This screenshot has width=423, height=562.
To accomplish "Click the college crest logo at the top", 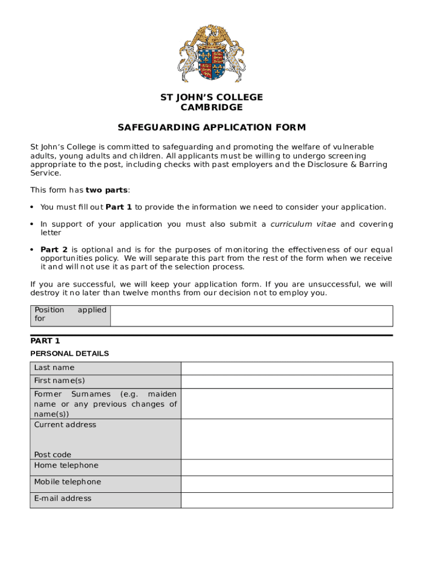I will click(211, 53).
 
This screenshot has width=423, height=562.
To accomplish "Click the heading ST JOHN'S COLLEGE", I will click(211, 97).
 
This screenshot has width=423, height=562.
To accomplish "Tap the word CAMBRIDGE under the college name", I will click(211, 108).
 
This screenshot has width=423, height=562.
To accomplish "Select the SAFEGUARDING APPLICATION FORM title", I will click(211, 128).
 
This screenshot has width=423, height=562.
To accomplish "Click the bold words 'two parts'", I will click(107, 190).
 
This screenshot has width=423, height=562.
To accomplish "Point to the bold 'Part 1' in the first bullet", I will click(119, 207).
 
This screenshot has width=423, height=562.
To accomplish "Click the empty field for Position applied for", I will click(251, 316).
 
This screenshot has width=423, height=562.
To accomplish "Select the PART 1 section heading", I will click(45, 341).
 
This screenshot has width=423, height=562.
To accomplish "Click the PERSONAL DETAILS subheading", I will click(69, 353).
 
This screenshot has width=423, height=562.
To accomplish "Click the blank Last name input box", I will click(287, 368).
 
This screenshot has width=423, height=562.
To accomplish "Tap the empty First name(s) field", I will click(287, 381).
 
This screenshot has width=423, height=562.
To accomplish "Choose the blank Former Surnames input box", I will click(287, 403).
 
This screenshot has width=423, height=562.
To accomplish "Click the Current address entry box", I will click(287, 439).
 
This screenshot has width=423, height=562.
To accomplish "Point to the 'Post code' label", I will click(53, 454).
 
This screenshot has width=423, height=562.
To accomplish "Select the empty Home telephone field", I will click(287, 467).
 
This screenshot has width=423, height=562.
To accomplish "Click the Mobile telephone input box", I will click(287, 484).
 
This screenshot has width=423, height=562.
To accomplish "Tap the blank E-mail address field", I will click(287, 500).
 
